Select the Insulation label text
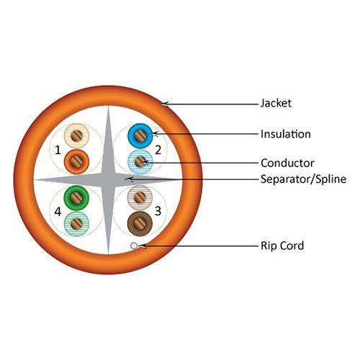285,134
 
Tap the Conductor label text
286,162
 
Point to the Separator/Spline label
303,179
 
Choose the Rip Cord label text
282,246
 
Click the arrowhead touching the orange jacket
165,104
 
